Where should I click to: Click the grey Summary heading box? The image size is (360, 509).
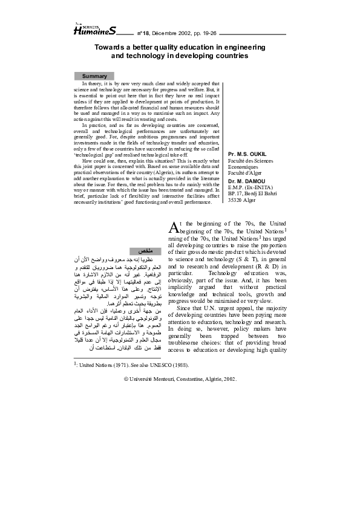point(94,76)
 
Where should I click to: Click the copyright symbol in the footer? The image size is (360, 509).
point(125,379)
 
